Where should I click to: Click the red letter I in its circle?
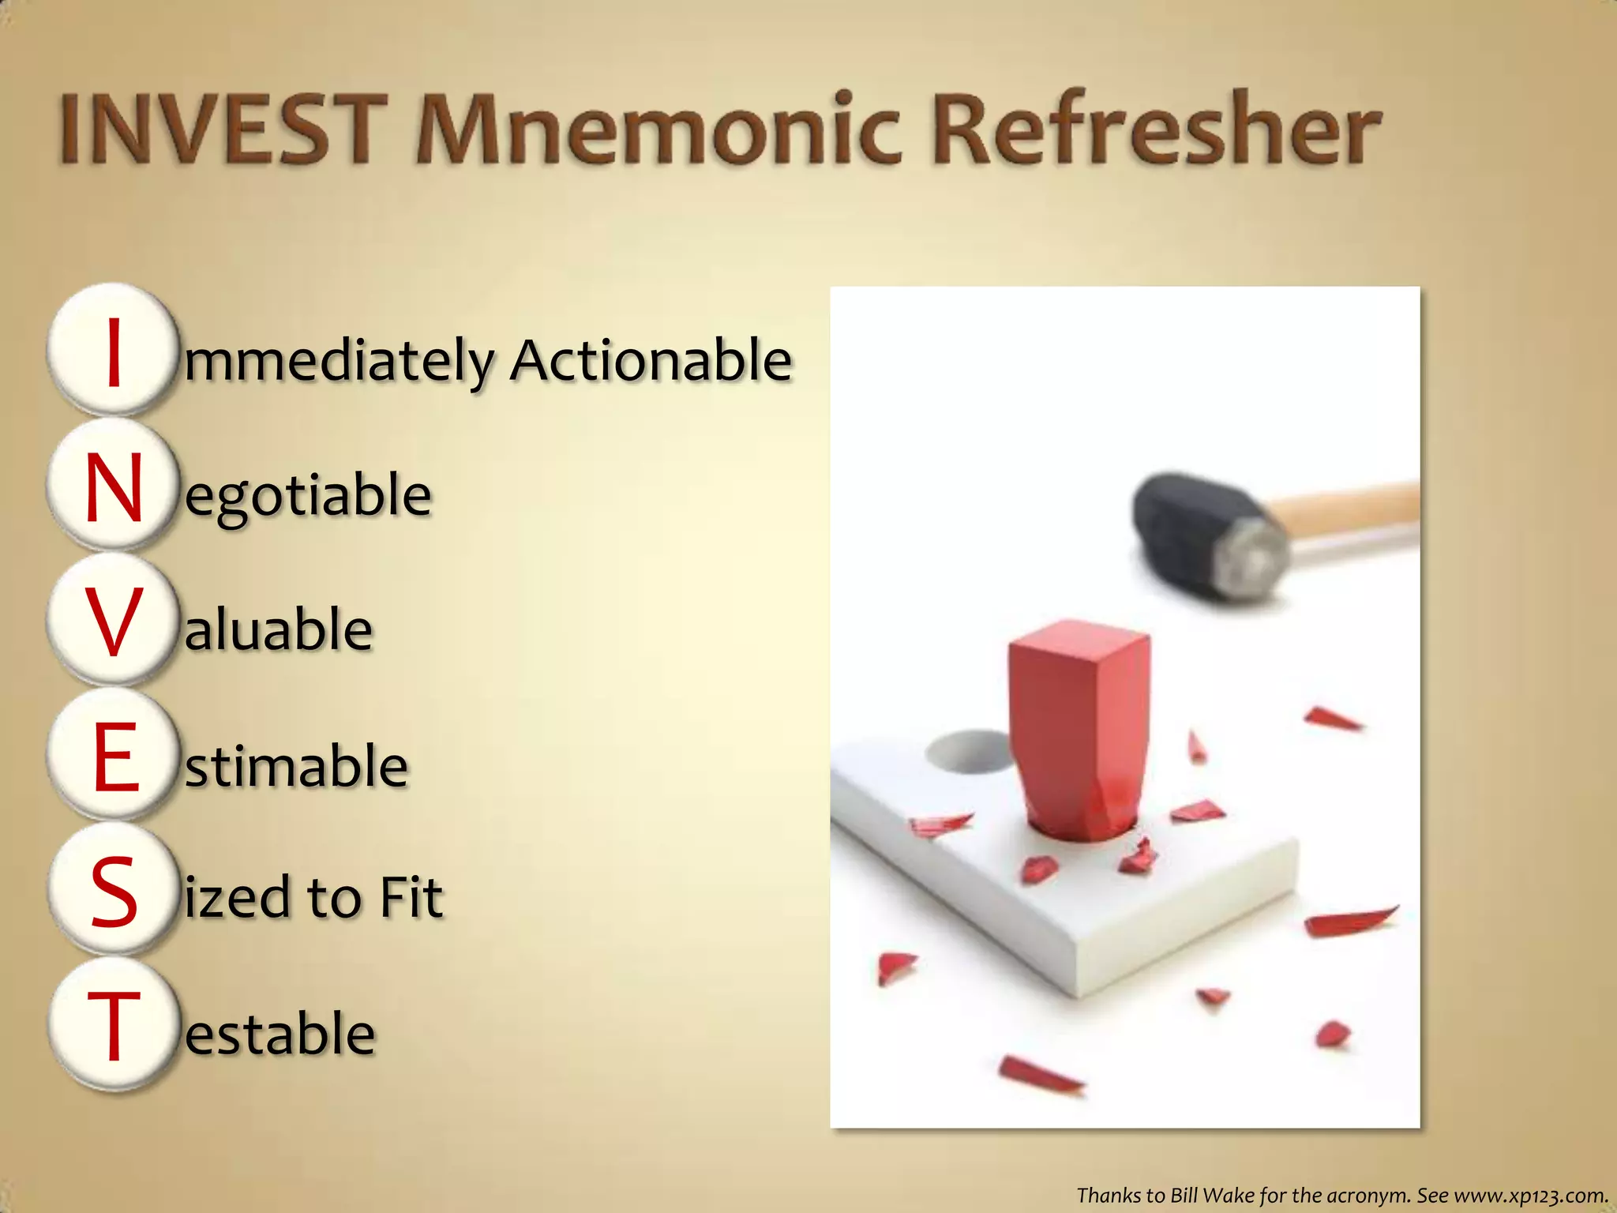coord(114,352)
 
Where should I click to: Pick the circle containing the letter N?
coord(114,488)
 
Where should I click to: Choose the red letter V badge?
coord(114,622)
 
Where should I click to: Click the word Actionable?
coord(651,360)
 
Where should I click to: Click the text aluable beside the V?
coord(278,630)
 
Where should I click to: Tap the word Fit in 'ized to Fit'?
coord(411,898)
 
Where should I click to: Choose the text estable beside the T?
coord(280,1034)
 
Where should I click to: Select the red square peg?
coord(1078,727)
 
